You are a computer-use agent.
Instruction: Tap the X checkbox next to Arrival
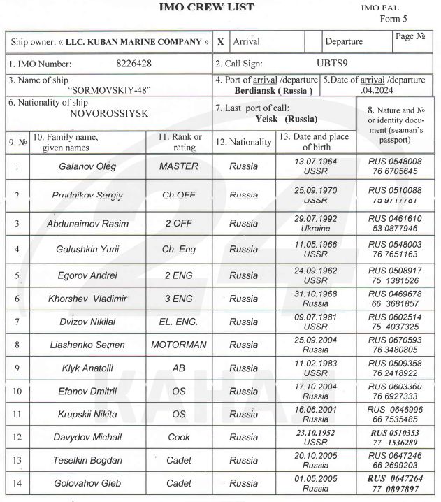pyautogui.click(x=220, y=42)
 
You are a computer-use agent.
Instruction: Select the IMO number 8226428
pyautogui.click(x=133, y=64)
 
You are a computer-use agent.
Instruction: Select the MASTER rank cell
pyautogui.click(x=179, y=167)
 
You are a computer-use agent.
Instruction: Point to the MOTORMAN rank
pyautogui.click(x=179, y=345)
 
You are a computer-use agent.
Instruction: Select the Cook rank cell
pyautogui.click(x=179, y=438)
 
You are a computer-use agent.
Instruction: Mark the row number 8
pyautogui.click(x=17, y=345)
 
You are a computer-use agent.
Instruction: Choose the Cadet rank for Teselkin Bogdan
pyautogui.click(x=179, y=461)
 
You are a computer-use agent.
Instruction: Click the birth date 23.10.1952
pyautogui.click(x=316, y=433)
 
